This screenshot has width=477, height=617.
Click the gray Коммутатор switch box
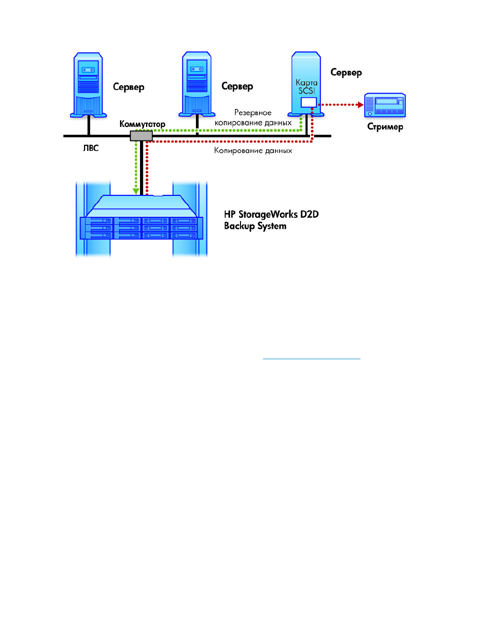tap(141, 136)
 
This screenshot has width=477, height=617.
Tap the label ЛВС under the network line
tap(91, 148)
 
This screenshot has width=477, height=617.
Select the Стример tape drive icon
tap(384, 105)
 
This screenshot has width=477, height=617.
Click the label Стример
tap(385, 126)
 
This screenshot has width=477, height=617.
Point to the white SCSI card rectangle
tap(309, 102)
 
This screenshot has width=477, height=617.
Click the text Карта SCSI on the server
tap(306, 86)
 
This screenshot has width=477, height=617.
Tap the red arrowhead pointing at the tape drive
tap(360, 105)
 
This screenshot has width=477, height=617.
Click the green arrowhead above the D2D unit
tap(136, 191)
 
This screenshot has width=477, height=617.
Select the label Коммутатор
tap(142, 124)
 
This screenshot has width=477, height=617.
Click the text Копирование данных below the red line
tap(253, 150)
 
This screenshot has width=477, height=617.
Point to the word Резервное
tap(253, 113)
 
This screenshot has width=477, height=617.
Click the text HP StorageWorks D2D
tap(271, 215)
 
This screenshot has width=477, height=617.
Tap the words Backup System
tap(255, 226)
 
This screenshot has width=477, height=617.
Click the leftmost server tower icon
tap(88, 85)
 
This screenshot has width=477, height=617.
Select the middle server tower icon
tap(196, 84)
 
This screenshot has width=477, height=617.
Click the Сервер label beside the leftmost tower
tap(128, 87)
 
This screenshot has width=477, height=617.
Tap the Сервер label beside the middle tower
tap(237, 86)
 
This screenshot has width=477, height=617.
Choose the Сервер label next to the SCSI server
tap(346, 72)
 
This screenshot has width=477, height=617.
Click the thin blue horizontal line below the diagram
tap(311, 359)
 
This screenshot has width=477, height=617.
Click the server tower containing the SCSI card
tap(306, 84)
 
